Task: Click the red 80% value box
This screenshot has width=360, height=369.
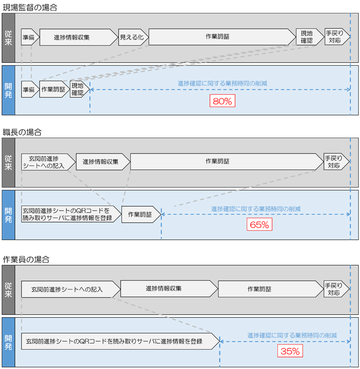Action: [x=222, y=101]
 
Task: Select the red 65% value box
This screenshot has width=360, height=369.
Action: [x=259, y=224]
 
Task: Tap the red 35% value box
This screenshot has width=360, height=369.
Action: [x=290, y=351]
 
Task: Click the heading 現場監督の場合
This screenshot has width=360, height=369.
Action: [x=30, y=7]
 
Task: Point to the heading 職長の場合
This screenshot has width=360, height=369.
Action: [x=22, y=132]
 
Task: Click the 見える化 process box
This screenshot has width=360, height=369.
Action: [x=133, y=37]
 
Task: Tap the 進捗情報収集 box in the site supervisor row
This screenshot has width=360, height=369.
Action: [x=77, y=37]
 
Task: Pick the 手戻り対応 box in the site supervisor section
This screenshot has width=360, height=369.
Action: [x=337, y=37]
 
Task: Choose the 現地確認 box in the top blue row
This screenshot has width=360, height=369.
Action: [x=78, y=89]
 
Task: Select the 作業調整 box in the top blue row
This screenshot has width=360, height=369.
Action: [x=54, y=89]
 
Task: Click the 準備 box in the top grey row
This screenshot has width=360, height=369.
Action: [x=29, y=37]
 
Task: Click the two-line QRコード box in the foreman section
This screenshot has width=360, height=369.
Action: [x=68, y=214]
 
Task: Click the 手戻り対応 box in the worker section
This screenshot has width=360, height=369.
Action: [x=336, y=289]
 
